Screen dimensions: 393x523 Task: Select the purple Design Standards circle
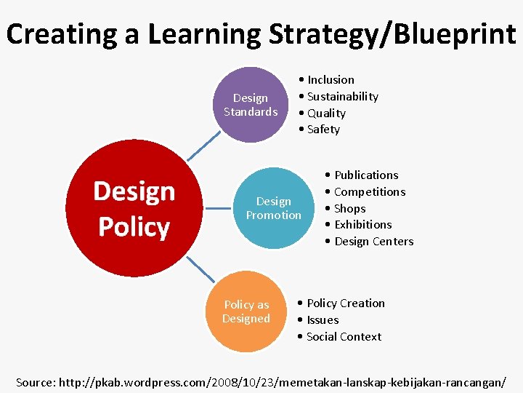pos(251,105)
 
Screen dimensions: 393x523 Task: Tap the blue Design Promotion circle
pos(273,208)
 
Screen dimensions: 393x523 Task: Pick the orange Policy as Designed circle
pos(246,311)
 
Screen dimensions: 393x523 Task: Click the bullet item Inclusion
pos(331,80)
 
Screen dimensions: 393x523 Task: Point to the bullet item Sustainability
pos(342,97)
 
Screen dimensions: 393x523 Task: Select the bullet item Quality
pos(326,114)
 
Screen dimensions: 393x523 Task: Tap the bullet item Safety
pos(323,130)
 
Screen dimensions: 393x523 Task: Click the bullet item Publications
pos(366,175)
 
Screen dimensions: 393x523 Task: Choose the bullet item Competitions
pos(370,192)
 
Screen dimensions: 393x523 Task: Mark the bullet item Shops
pos(349,209)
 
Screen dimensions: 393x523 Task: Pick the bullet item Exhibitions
pos(362,225)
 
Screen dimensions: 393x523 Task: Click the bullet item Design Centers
pos(373,242)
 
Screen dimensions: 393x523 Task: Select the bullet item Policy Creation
pos(346,303)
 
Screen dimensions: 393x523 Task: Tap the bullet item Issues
pos(323,320)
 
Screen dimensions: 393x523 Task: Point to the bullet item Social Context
pos(344,337)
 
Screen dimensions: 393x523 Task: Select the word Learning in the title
pos(206,33)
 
